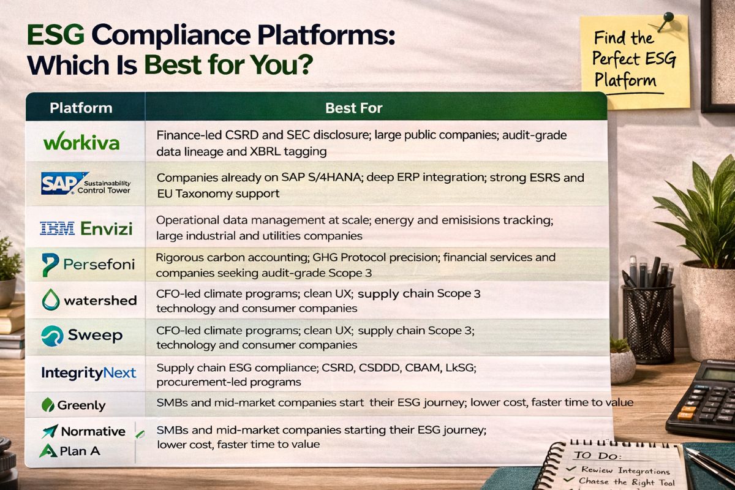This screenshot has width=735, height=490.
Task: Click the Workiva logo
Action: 81,142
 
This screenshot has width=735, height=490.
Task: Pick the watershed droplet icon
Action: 50,300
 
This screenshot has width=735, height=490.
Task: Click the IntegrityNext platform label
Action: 88,372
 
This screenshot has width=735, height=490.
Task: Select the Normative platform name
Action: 93,431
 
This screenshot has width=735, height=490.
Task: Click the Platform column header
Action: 81,108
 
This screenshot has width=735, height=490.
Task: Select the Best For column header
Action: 354,108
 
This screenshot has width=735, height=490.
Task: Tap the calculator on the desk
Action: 704,398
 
